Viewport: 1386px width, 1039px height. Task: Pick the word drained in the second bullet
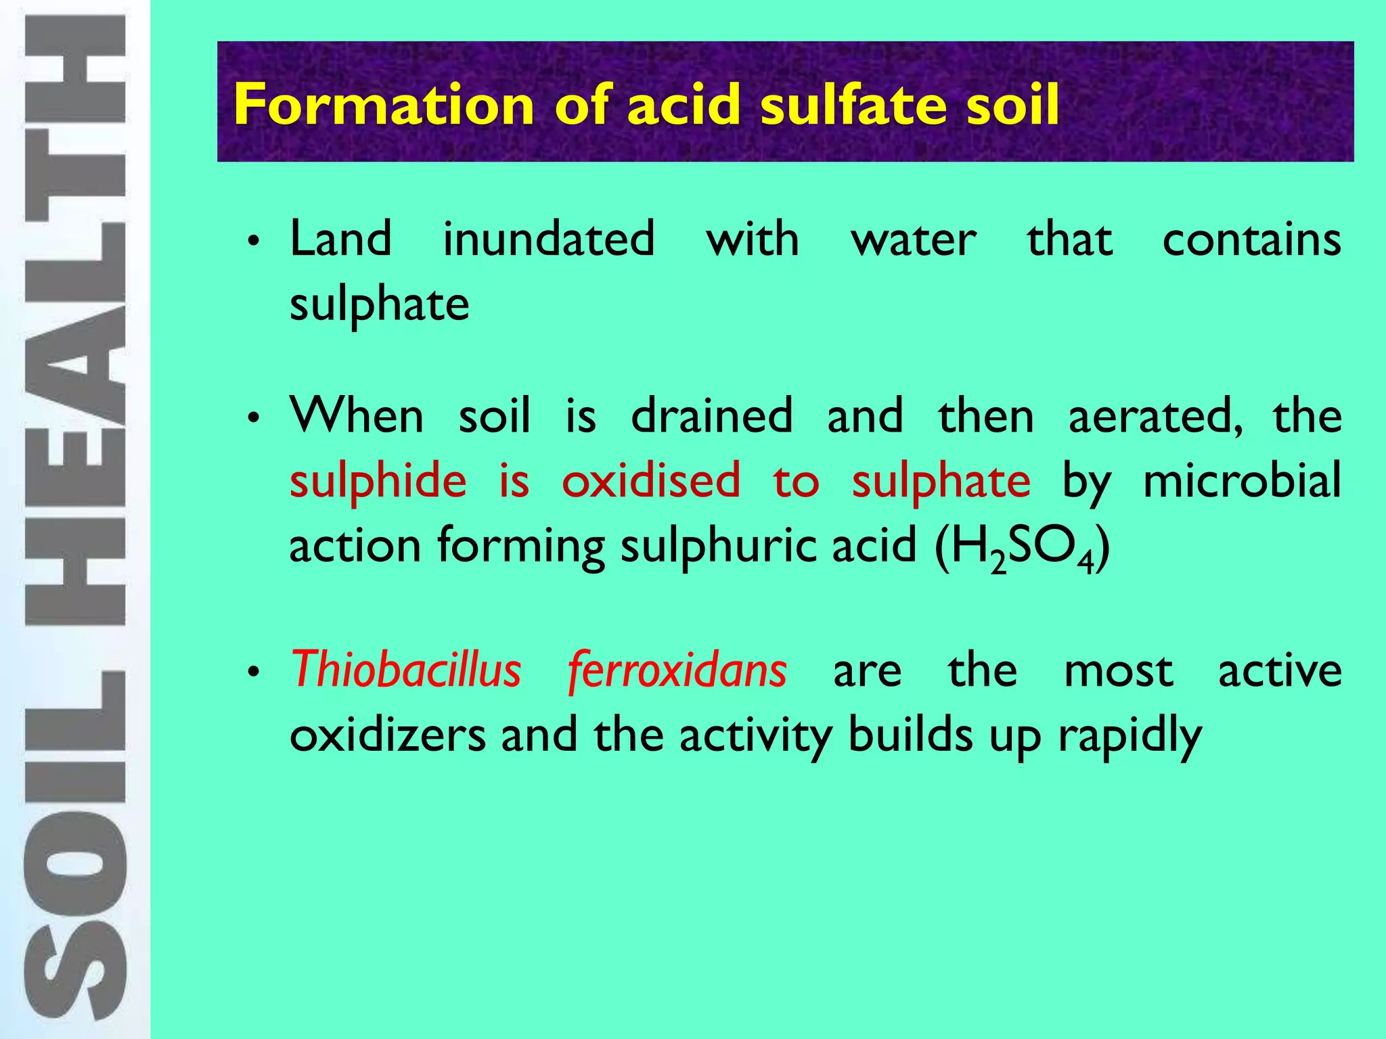click(x=711, y=415)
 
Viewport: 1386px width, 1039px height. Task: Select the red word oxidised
click(x=651, y=480)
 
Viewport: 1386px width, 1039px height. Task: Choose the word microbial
click(x=1242, y=480)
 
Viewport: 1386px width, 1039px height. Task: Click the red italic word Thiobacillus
click(x=406, y=670)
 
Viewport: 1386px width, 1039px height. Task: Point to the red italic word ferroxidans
click(x=677, y=670)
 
